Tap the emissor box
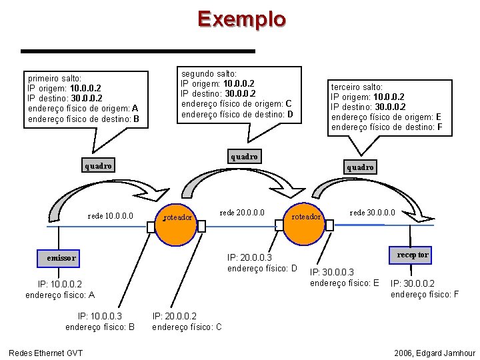[61, 257]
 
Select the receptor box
[413, 255]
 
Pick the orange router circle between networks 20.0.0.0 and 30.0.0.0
[306, 217]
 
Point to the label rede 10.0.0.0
[111, 215]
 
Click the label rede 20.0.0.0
[242, 213]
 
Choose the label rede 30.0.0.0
[372, 213]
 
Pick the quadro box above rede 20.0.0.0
[243, 157]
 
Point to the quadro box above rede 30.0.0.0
[360, 167]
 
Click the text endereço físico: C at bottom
[187, 327]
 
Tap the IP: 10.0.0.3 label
[101, 317]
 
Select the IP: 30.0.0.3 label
[331, 272]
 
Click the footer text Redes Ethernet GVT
[45, 352]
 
